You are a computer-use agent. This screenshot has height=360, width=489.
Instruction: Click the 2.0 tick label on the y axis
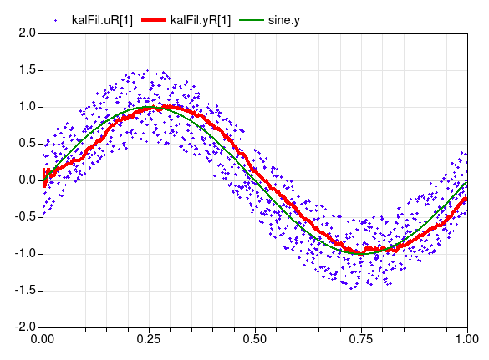pyautogui.click(x=27, y=33)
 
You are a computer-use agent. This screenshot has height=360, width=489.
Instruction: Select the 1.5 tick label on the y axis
pyautogui.click(x=27, y=70)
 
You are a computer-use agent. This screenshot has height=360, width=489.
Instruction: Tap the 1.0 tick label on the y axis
pyautogui.click(x=27, y=107)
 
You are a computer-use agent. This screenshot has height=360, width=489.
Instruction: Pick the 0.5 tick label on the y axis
pyautogui.click(x=27, y=144)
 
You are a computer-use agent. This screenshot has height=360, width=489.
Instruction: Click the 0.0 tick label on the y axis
pyautogui.click(x=27, y=180)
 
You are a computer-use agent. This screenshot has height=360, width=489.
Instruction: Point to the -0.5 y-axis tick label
pyautogui.click(x=25, y=217)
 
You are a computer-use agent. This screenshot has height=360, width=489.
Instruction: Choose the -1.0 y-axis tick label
pyautogui.click(x=25, y=254)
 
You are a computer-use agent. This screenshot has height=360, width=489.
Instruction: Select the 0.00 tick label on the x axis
pyautogui.click(x=43, y=340)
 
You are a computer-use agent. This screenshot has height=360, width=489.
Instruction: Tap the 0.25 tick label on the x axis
pyautogui.click(x=149, y=340)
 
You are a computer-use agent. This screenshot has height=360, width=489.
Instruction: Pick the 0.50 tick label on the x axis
pyautogui.click(x=255, y=340)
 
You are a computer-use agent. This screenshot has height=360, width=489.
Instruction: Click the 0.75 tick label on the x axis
pyautogui.click(x=361, y=340)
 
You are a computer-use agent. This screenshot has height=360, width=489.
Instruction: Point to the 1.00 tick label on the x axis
pyautogui.click(x=466, y=340)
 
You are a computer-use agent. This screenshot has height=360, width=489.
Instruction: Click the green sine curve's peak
pyautogui.click(x=149, y=107)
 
